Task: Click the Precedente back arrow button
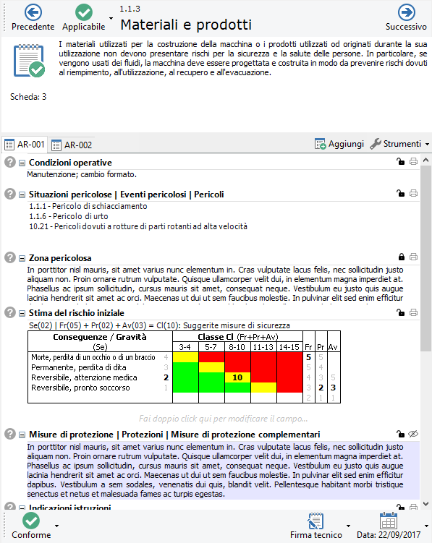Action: [33, 12]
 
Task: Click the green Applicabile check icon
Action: [83, 12]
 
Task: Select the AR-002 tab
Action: [72, 145]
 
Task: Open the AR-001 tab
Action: [25, 145]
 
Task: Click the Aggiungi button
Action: [339, 144]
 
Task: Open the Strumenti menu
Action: [399, 144]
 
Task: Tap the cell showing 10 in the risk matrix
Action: [237, 377]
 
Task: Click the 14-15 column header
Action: [289, 347]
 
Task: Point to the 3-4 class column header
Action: [185, 347]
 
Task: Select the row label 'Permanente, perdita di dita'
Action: [79, 367]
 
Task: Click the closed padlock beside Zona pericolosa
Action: [402, 257]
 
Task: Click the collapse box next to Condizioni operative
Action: [22, 163]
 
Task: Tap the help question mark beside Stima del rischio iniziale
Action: [10, 312]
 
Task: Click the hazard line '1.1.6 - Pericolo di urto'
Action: [69, 216]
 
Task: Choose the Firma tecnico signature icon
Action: [315, 521]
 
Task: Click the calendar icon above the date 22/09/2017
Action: [389, 521]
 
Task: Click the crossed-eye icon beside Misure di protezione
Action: [413, 434]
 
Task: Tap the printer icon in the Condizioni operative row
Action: [413, 161]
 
